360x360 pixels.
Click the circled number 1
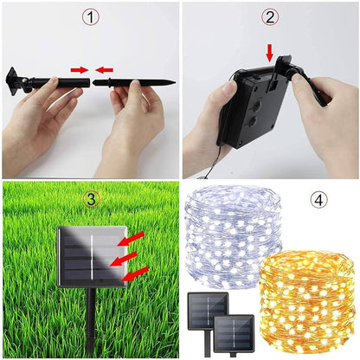point(91,17)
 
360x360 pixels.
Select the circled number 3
point(91,199)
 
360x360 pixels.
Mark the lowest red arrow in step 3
point(136,274)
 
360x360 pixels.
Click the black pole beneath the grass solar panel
point(89,325)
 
